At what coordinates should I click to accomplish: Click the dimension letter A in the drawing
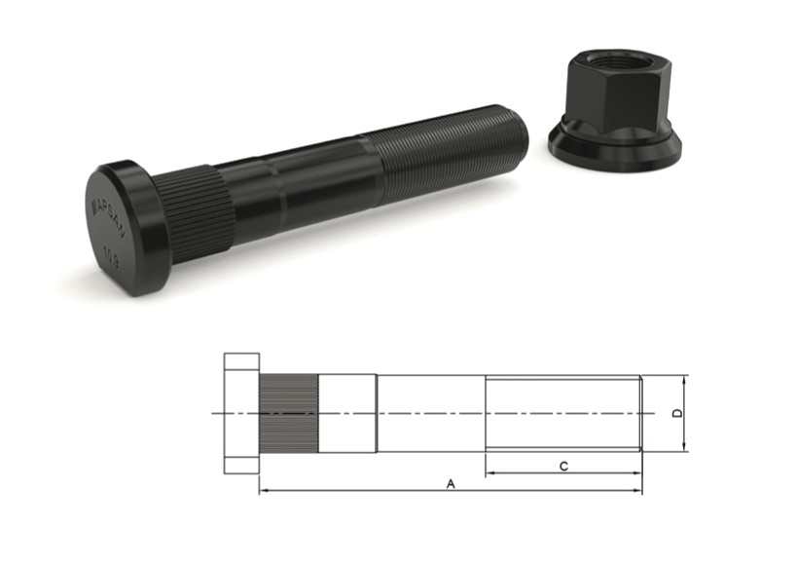450,482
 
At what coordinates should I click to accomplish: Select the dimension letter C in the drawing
563,466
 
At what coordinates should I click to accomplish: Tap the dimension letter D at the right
677,414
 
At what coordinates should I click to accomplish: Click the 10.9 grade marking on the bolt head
113,256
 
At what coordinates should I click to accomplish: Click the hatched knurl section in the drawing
288,414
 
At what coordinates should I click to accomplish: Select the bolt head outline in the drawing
241,414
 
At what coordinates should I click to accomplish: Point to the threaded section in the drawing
562,413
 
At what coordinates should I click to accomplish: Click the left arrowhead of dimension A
264,490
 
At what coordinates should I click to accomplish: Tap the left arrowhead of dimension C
489,473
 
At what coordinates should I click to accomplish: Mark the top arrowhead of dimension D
686,380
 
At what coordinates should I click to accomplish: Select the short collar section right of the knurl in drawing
346,414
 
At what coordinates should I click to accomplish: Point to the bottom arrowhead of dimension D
686,447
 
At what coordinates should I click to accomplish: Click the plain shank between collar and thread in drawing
430,413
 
